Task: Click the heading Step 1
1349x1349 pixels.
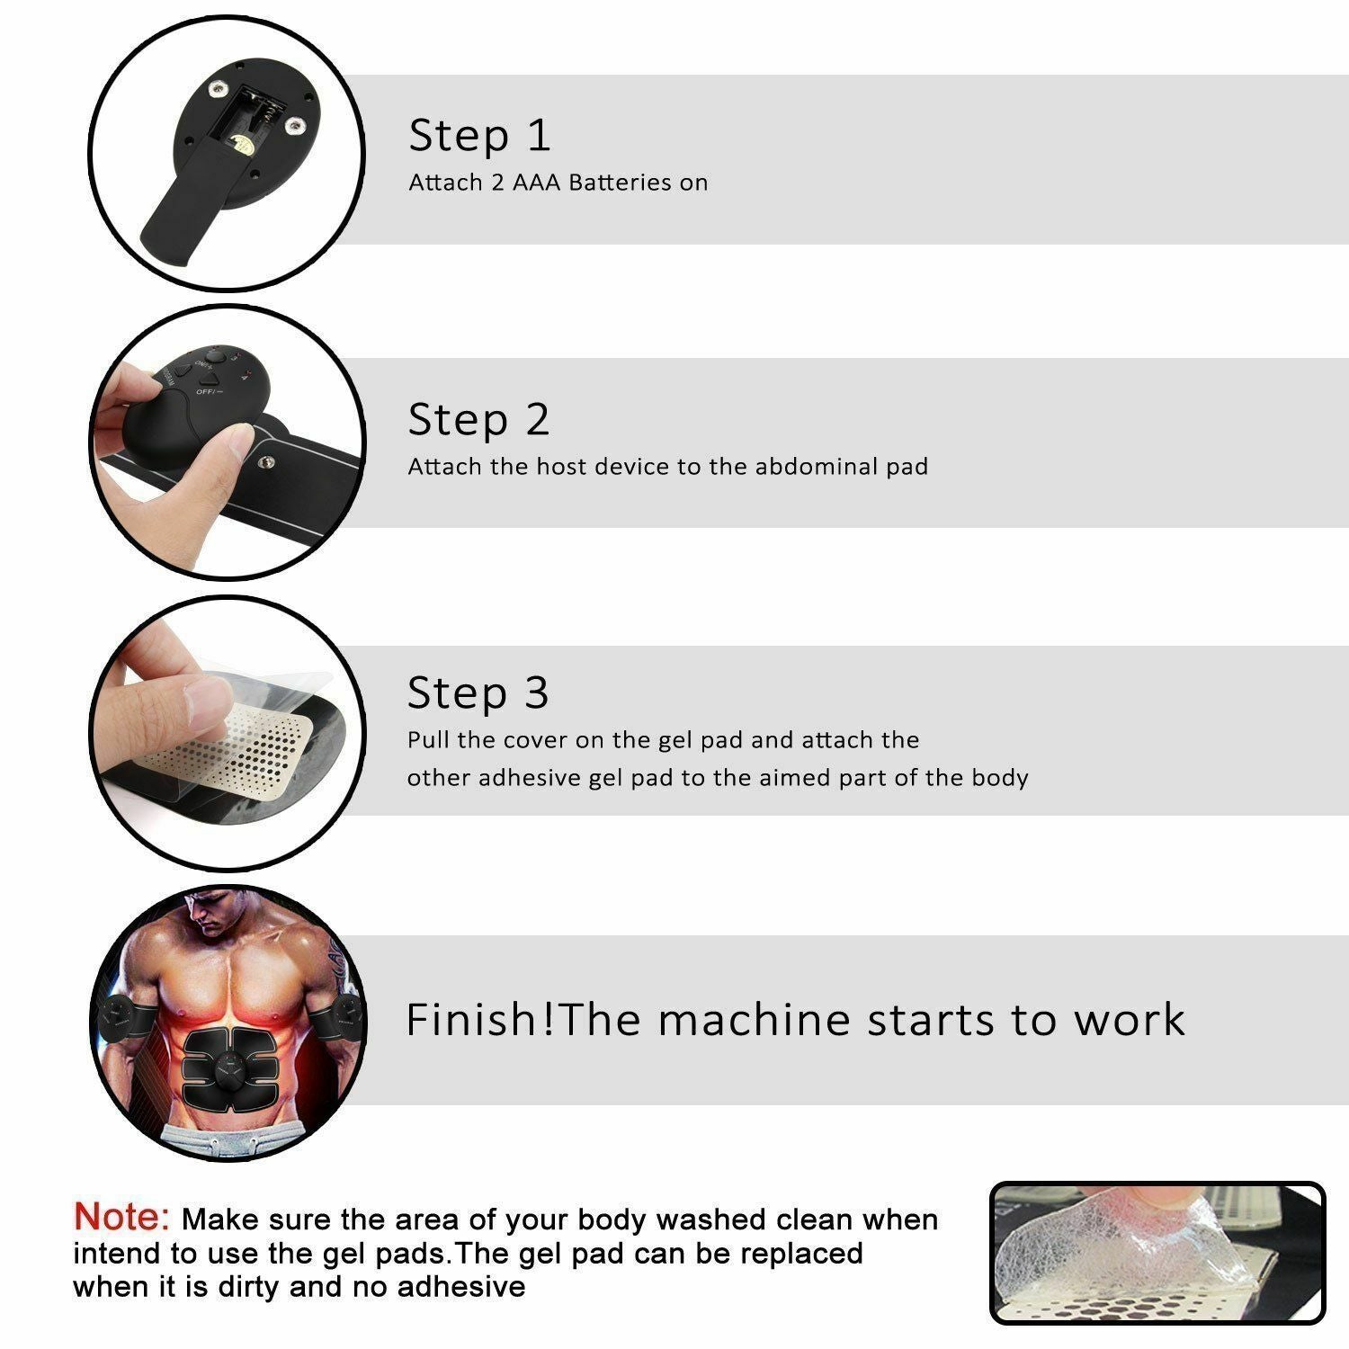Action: point(478,136)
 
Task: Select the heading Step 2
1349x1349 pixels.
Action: point(478,420)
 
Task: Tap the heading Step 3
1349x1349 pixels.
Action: point(477,693)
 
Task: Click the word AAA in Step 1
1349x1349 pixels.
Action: point(537,183)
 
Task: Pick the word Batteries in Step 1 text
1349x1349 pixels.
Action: point(621,183)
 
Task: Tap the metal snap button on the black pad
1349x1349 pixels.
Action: point(266,462)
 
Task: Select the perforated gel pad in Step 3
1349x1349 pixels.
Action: point(243,746)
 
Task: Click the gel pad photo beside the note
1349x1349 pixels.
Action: point(1157,1253)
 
